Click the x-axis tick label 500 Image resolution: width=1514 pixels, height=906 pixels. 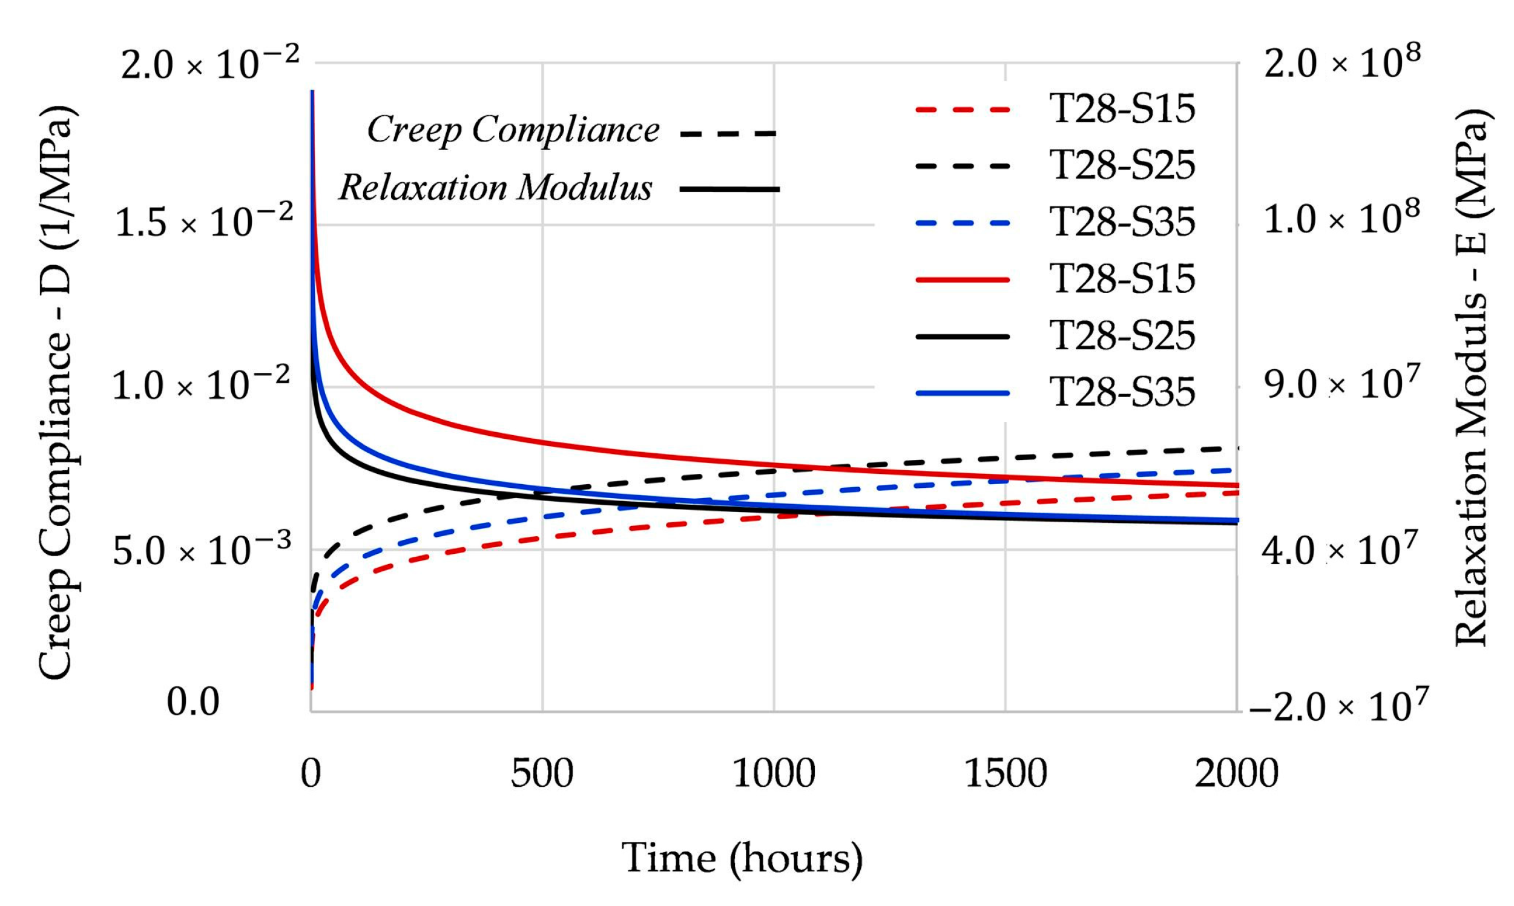tap(542, 774)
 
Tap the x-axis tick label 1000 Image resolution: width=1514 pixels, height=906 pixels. tap(774, 774)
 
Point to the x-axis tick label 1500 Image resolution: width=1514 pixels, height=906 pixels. tap(1005, 774)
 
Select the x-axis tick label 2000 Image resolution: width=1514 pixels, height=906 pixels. tap(1236, 774)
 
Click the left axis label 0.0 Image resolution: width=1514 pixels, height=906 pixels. tap(193, 702)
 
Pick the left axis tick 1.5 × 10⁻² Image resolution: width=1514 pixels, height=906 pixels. tap(203, 222)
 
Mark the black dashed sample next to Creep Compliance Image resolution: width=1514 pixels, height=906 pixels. tap(728, 133)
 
